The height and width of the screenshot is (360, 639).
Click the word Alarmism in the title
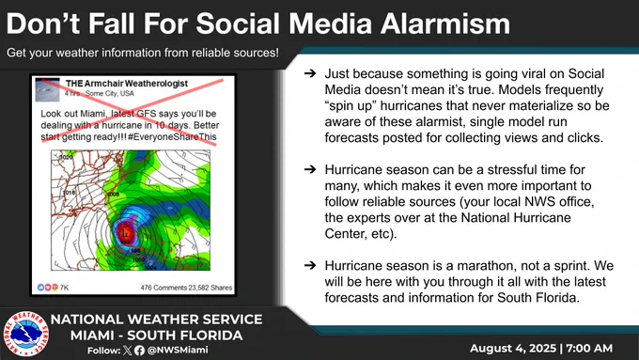[445, 23]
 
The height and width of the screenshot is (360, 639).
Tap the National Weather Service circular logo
[25, 333]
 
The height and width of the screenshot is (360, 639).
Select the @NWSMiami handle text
[178, 350]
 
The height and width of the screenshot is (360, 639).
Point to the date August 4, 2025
[513, 348]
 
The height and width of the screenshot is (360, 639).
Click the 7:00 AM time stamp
[589, 348]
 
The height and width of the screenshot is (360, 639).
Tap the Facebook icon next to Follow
[139, 351]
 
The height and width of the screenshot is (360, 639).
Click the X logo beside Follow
[128, 351]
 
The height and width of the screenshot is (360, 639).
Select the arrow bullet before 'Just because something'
[310, 73]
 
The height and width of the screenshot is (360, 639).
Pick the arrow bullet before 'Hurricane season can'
[310, 169]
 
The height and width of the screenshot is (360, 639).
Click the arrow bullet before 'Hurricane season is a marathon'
[310, 265]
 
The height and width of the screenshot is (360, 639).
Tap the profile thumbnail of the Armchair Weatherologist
[47, 89]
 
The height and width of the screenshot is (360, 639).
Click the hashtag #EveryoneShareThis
[172, 137]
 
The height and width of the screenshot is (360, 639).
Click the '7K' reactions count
[65, 288]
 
